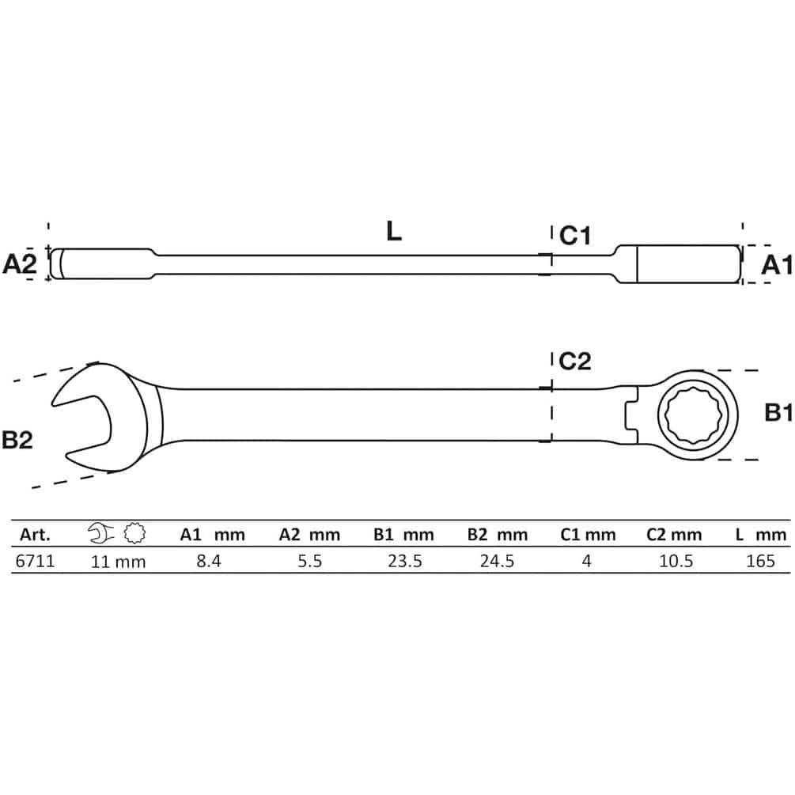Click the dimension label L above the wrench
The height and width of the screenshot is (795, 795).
(x=394, y=231)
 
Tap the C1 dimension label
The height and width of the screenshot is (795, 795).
(x=575, y=236)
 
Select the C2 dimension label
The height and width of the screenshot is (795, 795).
(x=575, y=361)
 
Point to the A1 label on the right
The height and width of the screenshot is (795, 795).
(x=776, y=265)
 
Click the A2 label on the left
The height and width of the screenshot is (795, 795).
(x=20, y=264)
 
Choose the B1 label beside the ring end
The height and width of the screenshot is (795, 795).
(x=778, y=413)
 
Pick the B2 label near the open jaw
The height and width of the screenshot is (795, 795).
(x=17, y=440)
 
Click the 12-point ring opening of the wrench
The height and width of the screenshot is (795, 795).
(x=697, y=415)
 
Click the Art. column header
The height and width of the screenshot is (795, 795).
(x=35, y=535)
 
